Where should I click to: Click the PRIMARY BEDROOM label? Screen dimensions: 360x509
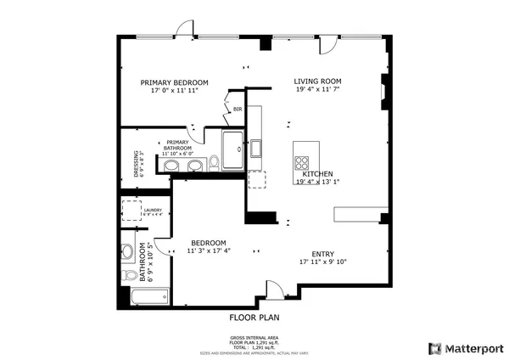(x=173, y=82)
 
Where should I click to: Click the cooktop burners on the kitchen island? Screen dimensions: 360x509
(x=302, y=161)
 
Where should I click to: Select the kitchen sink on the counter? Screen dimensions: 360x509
(x=255, y=149)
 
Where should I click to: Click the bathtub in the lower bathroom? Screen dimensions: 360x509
(x=148, y=296)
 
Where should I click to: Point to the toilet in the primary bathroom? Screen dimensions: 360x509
(x=215, y=160)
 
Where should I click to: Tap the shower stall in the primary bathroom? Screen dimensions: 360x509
(x=232, y=148)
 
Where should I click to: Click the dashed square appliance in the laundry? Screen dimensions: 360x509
(x=131, y=210)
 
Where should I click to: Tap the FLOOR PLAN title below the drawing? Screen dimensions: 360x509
(x=255, y=318)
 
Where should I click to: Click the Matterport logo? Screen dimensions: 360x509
(x=466, y=348)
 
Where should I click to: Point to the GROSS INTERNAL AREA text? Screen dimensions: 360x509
(x=255, y=339)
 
